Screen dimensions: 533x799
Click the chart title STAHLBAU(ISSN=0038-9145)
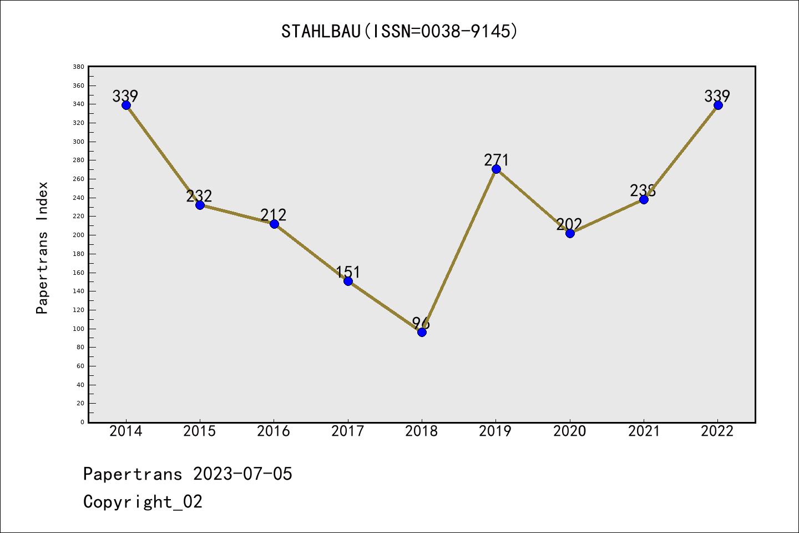tap(399, 31)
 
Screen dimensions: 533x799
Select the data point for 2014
tap(126, 105)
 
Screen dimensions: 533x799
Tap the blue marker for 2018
tap(422, 332)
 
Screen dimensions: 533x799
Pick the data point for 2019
tap(496, 169)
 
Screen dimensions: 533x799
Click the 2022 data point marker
tap(718, 105)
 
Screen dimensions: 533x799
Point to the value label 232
tap(199, 196)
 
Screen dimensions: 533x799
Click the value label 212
tap(274, 215)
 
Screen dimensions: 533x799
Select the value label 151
tap(348, 272)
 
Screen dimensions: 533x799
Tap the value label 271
tap(496, 160)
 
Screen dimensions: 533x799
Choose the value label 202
tap(569, 224)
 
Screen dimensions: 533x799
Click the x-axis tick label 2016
tap(274, 431)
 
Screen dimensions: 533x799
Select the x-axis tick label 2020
tap(570, 431)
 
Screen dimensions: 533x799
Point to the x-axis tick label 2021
tap(644, 431)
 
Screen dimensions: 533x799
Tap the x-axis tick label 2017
tap(348, 431)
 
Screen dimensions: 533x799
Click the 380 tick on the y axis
tap(78, 67)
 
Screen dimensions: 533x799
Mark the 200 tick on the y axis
tap(78, 235)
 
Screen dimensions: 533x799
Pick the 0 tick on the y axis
tap(82, 422)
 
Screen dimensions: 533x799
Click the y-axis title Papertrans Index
tap(42, 248)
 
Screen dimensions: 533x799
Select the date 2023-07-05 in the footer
tap(242, 474)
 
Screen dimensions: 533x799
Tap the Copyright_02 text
tap(143, 502)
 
